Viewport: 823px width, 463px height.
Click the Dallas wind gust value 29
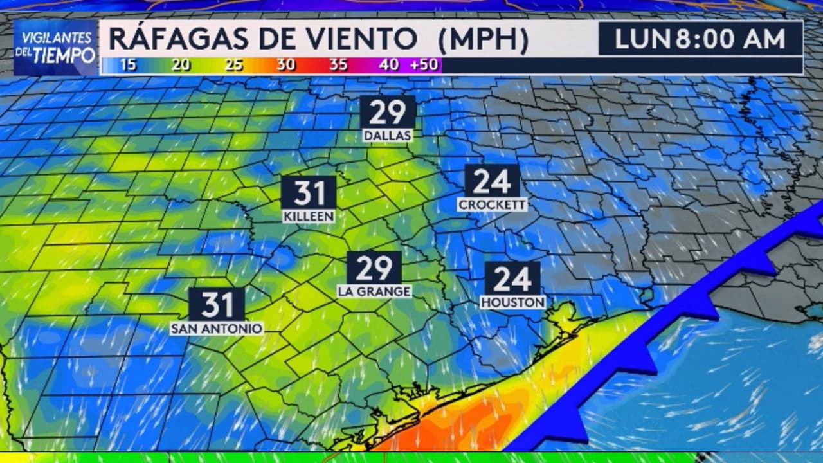[387, 112]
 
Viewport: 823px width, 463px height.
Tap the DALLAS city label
[387, 136]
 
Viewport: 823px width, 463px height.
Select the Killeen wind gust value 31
[309, 192]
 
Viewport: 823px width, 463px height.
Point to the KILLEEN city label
[309, 217]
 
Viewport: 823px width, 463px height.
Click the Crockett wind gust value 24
[492, 181]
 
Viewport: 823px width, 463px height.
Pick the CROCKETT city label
[492, 204]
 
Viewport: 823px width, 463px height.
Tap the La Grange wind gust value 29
[374, 267]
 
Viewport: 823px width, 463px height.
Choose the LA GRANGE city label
[374, 291]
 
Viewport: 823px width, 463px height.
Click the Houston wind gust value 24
[512, 278]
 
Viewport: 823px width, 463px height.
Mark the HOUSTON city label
[512, 302]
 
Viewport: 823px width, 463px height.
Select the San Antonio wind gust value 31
[217, 304]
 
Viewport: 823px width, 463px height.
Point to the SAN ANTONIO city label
[217, 329]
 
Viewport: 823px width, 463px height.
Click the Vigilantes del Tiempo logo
[55, 48]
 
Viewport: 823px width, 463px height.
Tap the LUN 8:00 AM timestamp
[700, 39]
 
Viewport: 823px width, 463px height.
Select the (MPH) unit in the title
[483, 39]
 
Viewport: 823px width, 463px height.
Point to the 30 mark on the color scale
[285, 65]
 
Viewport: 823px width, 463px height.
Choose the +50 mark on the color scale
[424, 65]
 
